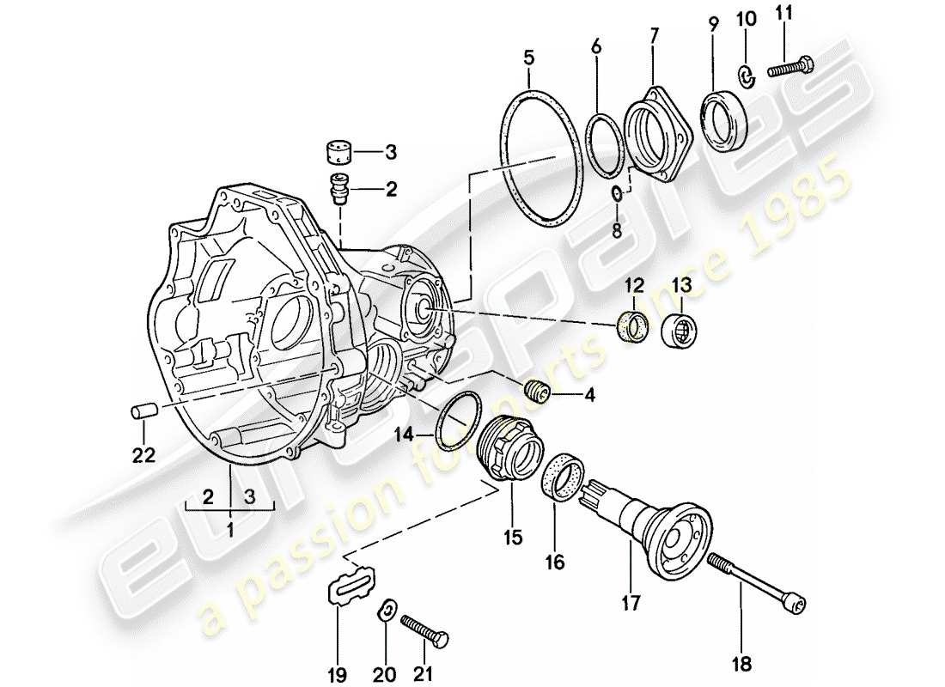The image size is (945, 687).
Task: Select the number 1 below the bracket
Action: point(229,531)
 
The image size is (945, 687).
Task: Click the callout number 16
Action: point(554,562)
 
